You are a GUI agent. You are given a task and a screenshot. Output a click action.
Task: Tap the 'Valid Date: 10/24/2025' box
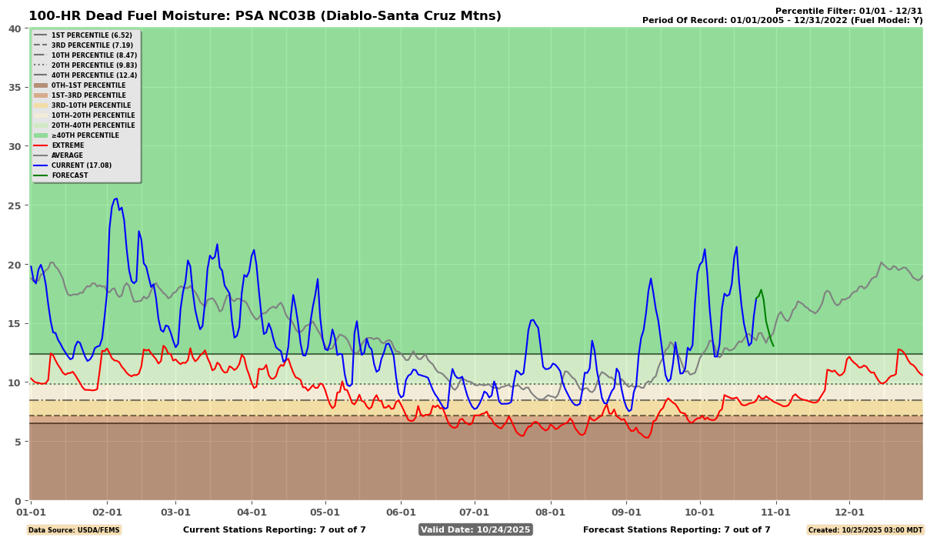coord(475,529)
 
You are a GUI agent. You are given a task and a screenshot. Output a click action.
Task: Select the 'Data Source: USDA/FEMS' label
coord(74,529)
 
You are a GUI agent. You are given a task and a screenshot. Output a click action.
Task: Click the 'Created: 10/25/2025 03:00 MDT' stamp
coord(865,529)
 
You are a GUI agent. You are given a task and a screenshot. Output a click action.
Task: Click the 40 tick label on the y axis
coord(15,28)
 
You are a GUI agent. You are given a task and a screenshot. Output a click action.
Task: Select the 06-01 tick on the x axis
coord(401,512)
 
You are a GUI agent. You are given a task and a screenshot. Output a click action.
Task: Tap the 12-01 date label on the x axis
coord(849,512)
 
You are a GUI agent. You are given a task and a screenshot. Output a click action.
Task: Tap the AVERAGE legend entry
coord(67,155)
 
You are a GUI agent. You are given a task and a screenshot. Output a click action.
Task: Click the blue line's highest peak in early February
coord(115,199)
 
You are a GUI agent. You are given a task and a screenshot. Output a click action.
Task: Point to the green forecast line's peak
coord(761,290)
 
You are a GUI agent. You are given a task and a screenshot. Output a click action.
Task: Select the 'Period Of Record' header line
coord(782,20)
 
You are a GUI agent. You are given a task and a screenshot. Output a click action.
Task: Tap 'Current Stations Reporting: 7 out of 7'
coord(275,529)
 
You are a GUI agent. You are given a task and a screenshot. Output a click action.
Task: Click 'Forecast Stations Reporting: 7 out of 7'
coord(676,529)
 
